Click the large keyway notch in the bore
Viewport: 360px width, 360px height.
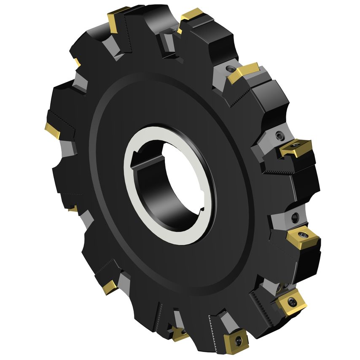pos(141,160)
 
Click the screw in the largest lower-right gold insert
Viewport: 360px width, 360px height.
pos(292,301)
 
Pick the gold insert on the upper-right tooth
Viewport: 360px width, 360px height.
pos(244,73)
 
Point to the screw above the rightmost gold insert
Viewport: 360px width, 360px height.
pos(279,135)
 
